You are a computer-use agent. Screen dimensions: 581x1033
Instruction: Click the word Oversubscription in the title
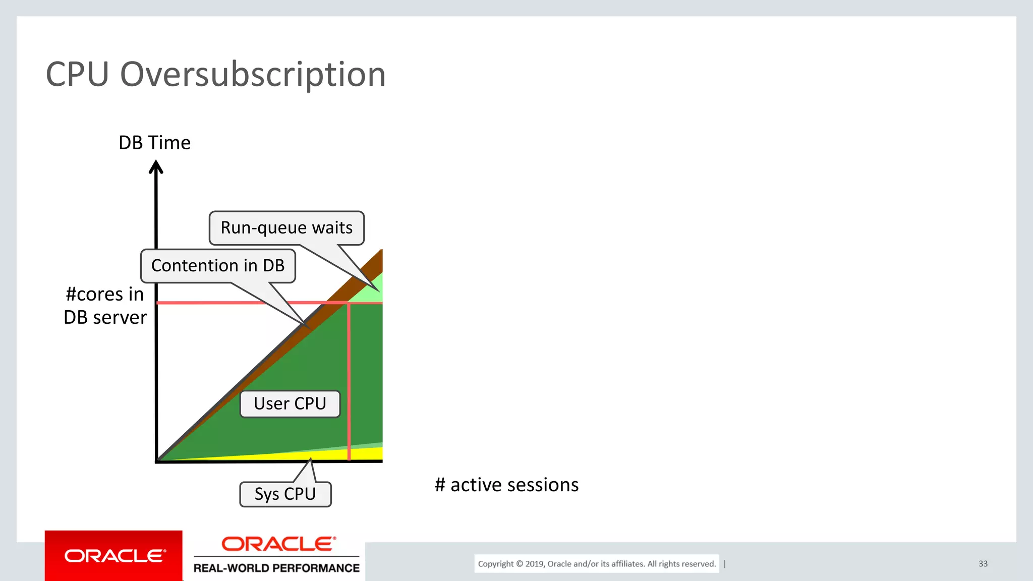pyautogui.click(x=253, y=75)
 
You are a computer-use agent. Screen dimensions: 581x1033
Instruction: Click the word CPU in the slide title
pyautogui.click(x=77, y=75)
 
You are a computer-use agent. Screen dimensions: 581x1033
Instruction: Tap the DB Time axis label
pyautogui.click(x=154, y=143)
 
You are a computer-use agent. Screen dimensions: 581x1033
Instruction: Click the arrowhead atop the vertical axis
pyautogui.click(x=156, y=167)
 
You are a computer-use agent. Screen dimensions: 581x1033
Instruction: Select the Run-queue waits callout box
pyautogui.click(x=286, y=228)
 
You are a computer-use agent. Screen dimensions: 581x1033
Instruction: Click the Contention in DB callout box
pyautogui.click(x=218, y=266)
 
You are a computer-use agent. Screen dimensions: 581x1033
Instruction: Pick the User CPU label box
pyautogui.click(x=290, y=404)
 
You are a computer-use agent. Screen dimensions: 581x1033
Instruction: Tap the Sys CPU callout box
pyautogui.click(x=285, y=494)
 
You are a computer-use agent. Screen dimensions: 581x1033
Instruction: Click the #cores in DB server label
pyautogui.click(x=105, y=306)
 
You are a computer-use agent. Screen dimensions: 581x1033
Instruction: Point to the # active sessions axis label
pyautogui.click(x=506, y=485)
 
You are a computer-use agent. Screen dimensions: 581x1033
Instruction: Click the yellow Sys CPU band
pyautogui.click(x=353, y=454)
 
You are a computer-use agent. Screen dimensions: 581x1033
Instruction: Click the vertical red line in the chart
pyautogui.click(x=349, y=383)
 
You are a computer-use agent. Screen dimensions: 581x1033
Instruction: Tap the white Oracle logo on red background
pyautogui.click(x=114, y=556)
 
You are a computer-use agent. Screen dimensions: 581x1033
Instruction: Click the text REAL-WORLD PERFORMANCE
pyautogui.click(x=276, y=568)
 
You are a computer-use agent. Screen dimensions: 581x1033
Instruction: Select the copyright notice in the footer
pyautogui.click(x=597, y=564)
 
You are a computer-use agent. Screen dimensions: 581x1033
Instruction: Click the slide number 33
pyautogui.click(x=983, y=564)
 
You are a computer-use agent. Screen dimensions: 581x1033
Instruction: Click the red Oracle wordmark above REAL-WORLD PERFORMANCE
pyautogui.click(x=278, y=544)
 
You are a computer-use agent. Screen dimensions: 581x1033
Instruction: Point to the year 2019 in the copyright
pyautogui.click(x=535, y=564)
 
